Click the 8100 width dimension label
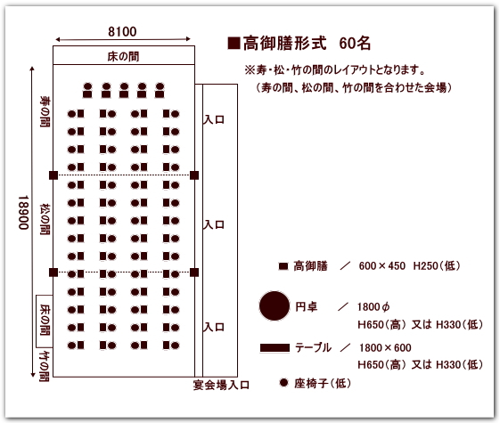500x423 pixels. point(122,31)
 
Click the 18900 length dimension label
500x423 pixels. point(23,213)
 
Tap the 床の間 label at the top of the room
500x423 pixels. point(123,57)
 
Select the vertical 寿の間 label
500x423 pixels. point(45,111)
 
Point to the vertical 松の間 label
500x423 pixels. point(45,219)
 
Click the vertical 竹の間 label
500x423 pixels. point(44,366)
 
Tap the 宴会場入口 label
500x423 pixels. point(221,385)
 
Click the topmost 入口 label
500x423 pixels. point(214,119)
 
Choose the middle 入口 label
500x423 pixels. point(214,225)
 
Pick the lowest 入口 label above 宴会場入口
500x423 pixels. point(214,327)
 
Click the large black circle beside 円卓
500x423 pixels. point(275,305)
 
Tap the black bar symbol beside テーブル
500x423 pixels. point(275,348)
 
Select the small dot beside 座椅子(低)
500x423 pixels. point(283,383)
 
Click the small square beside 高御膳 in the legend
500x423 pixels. point(283,266)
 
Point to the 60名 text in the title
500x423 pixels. point(355,43)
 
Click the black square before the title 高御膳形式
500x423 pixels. point(234,43)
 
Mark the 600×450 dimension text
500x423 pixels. point(382,266)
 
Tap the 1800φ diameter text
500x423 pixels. point(373,307)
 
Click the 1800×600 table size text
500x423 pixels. point(385,348)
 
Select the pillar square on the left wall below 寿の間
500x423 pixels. point(53,175)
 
